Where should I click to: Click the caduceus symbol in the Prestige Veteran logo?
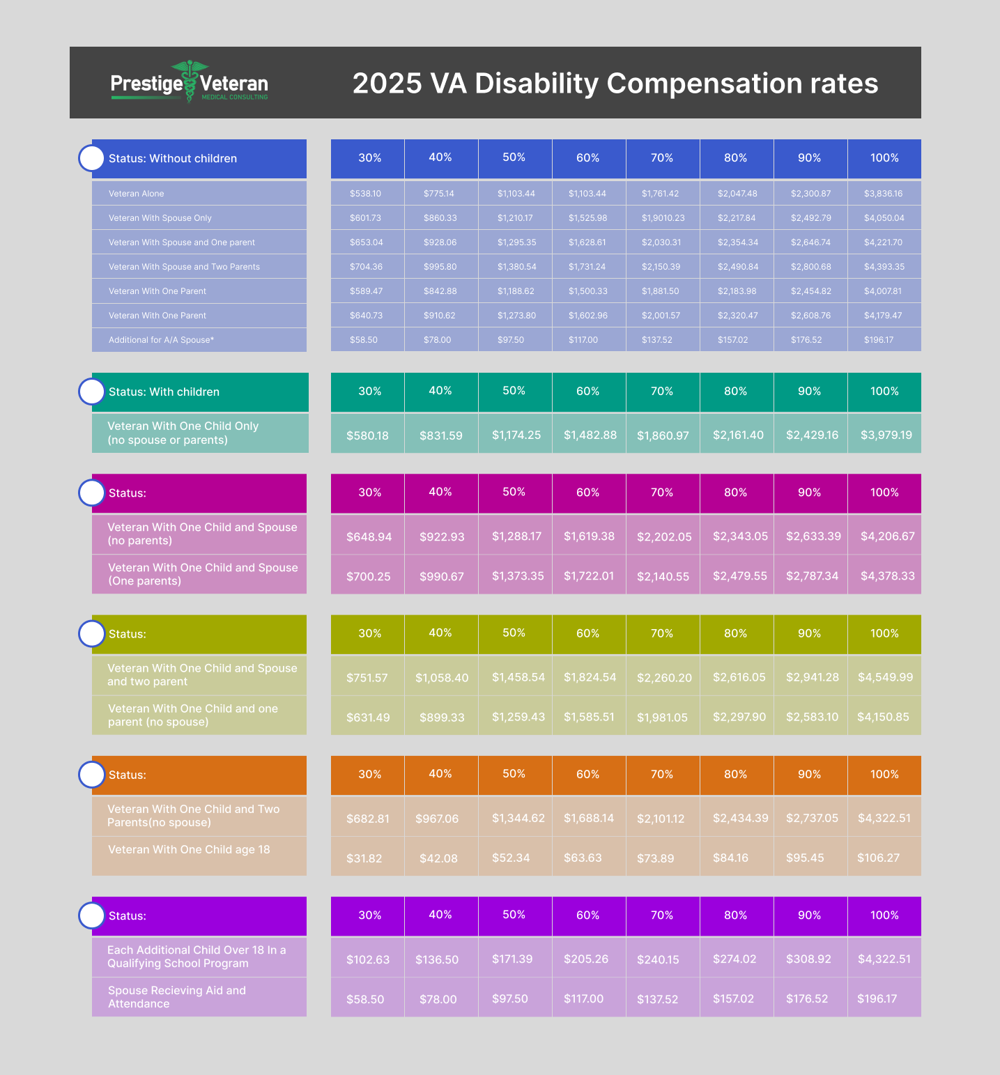point(190,80)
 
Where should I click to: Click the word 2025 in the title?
point(387,84)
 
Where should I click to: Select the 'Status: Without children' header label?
point(173,159)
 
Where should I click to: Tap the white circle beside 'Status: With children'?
point(91,392)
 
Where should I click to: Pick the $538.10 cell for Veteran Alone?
point(365,194)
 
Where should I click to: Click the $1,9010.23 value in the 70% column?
point(663,218)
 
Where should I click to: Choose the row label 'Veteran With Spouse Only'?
point(160,218)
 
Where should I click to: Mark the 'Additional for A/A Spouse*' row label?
point(161,340)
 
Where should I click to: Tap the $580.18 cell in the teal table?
point(367,435)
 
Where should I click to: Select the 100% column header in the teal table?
point(884,392)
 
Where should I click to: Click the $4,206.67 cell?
point(887,536)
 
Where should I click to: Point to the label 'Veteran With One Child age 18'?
point(189,850)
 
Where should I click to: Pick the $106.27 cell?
point(878,858)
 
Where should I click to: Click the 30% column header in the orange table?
point(369,775)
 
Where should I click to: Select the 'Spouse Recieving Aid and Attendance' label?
point(177,997)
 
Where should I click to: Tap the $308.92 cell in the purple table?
point(808,959)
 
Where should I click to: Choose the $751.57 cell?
point(367,678)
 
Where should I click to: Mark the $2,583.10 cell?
point(812,717)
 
